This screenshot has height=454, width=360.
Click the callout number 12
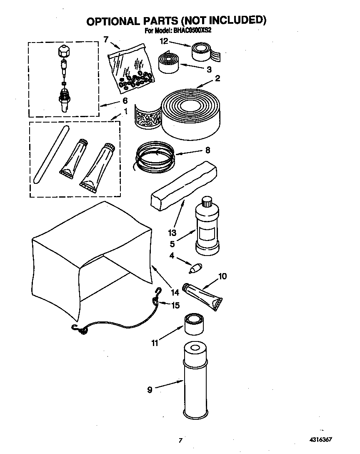tap(165, 40)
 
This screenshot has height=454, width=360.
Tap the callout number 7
tap(106, 40)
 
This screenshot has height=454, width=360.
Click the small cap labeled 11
tap(194, 324)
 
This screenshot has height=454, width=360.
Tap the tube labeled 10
tap(205, 296)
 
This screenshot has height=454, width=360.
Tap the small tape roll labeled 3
tap(168, 63)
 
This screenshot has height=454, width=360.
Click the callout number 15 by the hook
tap(175, 305)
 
